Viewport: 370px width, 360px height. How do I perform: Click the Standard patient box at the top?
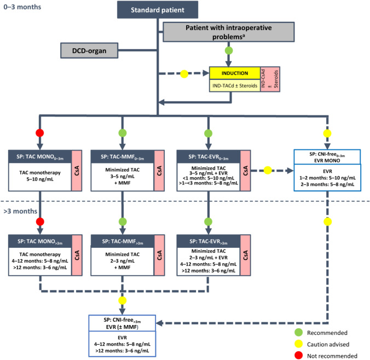point(158,10)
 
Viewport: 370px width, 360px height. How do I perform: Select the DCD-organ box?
point(89,50)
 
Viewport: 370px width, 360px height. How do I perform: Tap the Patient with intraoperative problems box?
point(229,32)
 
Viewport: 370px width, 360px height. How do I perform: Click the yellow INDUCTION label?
point(235,73)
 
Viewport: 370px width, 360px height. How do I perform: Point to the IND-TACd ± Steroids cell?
point(235,85)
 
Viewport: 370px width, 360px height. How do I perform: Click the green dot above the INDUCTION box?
point(229,50)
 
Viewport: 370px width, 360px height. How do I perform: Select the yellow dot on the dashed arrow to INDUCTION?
point(184,74)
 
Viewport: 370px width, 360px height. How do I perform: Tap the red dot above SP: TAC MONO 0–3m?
point(40,133)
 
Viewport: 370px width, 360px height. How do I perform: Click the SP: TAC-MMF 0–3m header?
point(123,157)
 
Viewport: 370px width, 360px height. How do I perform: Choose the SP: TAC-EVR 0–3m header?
point(209,157)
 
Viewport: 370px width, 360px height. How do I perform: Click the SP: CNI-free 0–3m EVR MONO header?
point(327,157)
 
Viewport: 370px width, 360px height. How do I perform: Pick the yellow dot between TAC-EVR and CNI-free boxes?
point(268,170)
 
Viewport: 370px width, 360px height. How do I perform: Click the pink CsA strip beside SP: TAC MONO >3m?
point(77,255)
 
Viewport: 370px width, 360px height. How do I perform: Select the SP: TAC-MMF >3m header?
point(123,241)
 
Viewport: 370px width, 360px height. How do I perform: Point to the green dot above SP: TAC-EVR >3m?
point(208,222)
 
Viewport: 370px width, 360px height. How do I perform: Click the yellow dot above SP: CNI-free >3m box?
point(122,300)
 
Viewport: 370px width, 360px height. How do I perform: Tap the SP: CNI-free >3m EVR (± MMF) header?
point(122,323)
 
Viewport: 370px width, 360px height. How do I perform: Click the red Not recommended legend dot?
point(299,355)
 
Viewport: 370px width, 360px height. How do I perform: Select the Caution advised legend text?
point(328,345)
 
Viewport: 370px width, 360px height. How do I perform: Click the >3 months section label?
point(20,211)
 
